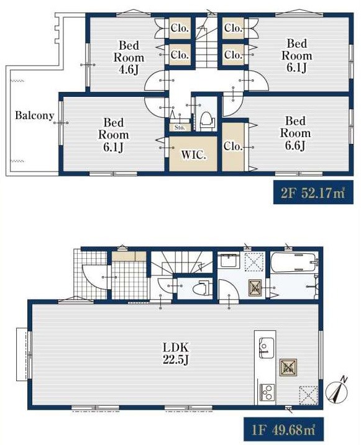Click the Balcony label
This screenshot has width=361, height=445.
click(34, 115)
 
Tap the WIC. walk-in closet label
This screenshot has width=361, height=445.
click(193, 155)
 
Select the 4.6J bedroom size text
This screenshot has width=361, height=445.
click(129, 70)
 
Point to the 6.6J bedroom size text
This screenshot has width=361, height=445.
click(295, 145)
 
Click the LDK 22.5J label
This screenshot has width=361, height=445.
click(176, 354)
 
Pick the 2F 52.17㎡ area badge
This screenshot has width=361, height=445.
click(313, 192)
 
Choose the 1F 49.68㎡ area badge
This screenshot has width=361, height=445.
click(283, 429)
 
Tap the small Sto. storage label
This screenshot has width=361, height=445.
click(180, 127)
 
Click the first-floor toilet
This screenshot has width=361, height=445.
click(202, 289)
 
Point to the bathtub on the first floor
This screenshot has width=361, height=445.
click(294, 263)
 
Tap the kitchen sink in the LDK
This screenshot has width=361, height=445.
click(267, 348)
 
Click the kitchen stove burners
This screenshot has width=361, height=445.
click(267, 392)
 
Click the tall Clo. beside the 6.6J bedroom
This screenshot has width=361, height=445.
click(233, 146)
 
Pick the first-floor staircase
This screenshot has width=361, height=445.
click(182, 263)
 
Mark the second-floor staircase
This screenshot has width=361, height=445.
click(206, 43)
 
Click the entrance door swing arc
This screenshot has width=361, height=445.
click(94, 277)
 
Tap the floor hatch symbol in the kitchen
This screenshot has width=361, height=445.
click(308, 395)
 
